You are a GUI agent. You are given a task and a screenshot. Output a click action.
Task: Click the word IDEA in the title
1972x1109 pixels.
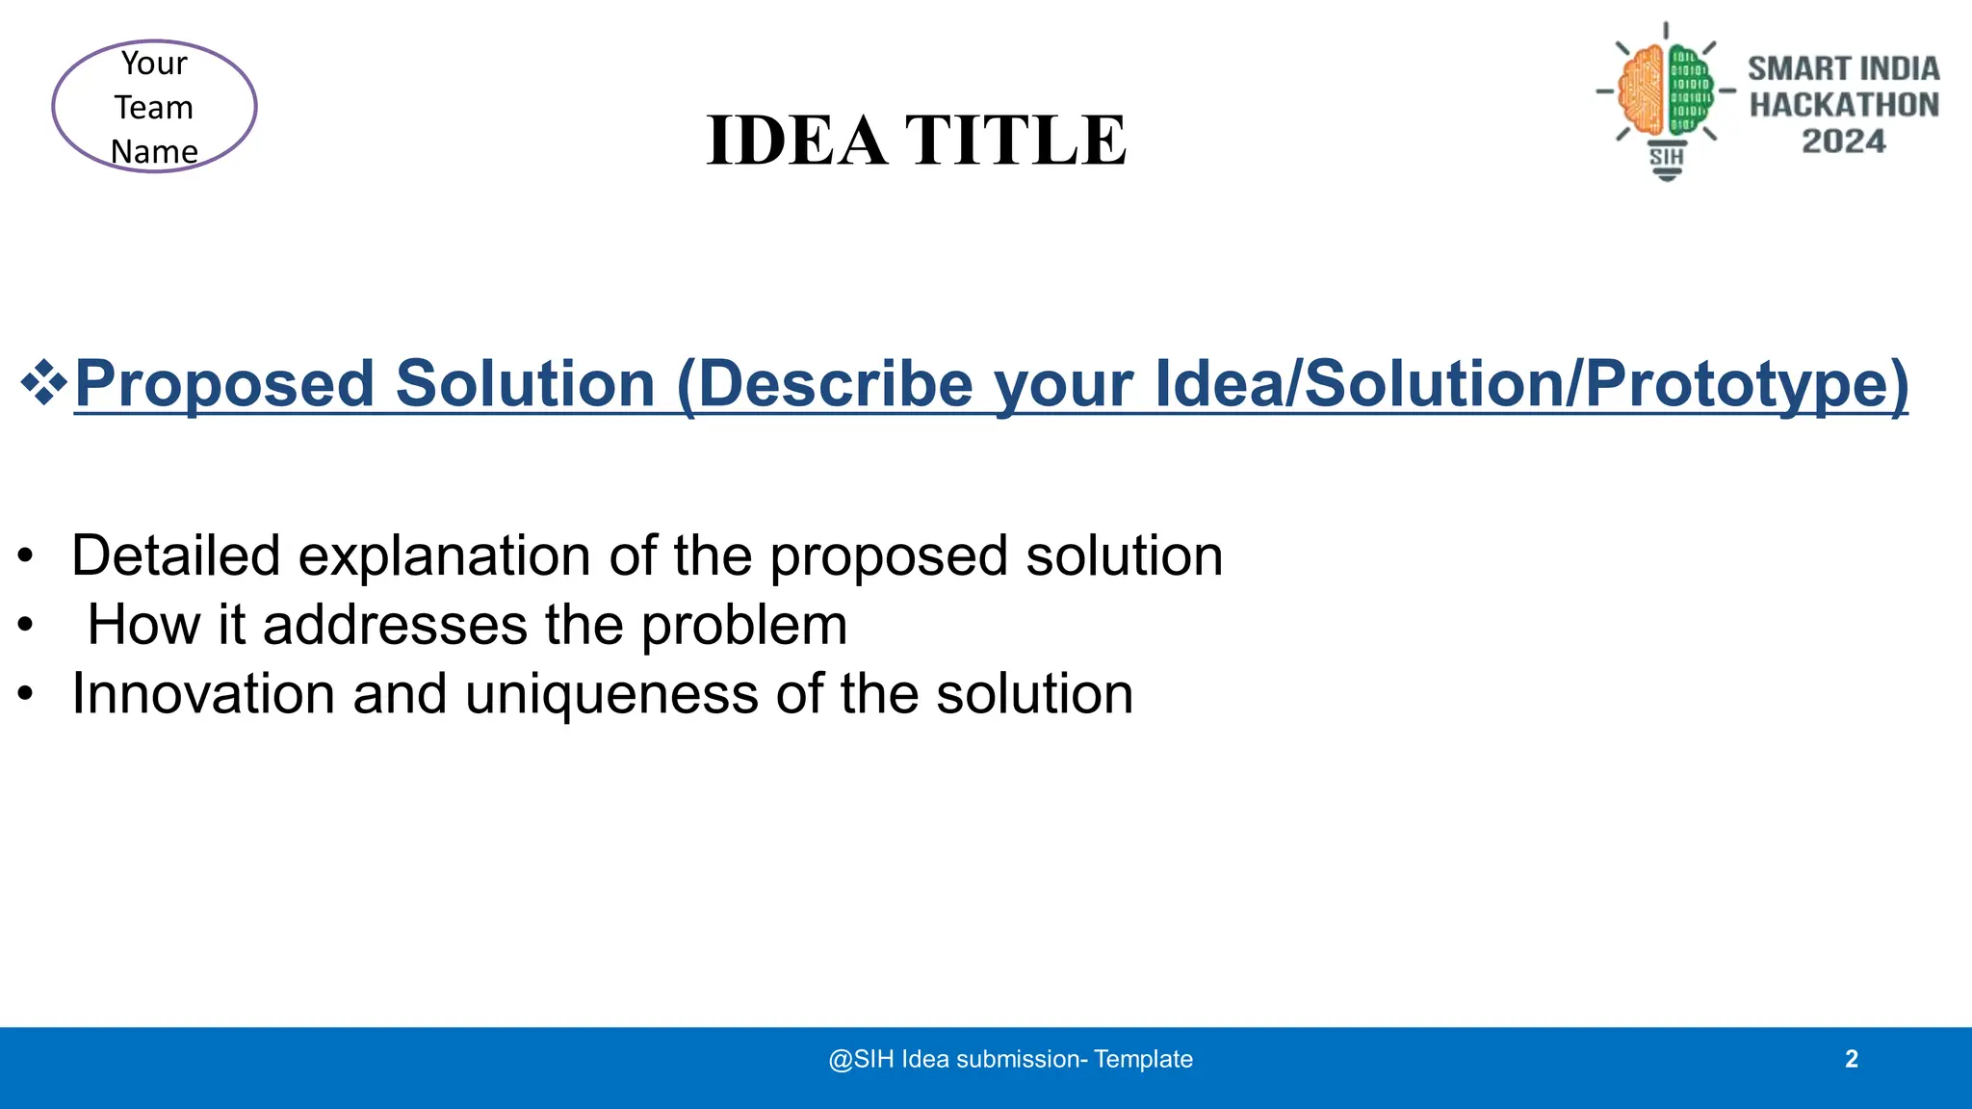point(796,141)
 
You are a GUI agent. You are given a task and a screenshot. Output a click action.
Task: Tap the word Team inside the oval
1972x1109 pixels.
point(154,108)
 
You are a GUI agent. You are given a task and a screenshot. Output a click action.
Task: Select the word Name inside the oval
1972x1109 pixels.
point(154,151)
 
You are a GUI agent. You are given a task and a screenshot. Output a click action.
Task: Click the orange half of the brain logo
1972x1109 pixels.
point(1644,91)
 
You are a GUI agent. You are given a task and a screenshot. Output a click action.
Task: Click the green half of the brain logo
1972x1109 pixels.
point(1689,91)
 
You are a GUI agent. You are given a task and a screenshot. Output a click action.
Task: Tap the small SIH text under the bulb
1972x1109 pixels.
point(1667,157)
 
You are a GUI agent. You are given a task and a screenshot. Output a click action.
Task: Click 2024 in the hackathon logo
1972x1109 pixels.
point(1843,142)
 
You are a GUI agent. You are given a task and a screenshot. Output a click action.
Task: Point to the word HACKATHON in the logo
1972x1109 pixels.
point(1844,105)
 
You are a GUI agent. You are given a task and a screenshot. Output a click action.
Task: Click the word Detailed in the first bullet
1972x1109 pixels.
point(175,555)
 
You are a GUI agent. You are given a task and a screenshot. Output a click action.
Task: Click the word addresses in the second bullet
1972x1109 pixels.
point(395,625)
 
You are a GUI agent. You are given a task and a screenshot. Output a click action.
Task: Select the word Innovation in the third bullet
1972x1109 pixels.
point(203,693)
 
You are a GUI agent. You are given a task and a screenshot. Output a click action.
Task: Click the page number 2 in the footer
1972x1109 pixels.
point(1851,1059)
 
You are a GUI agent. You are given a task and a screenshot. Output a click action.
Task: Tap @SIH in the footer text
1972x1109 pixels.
point(861,1059)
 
